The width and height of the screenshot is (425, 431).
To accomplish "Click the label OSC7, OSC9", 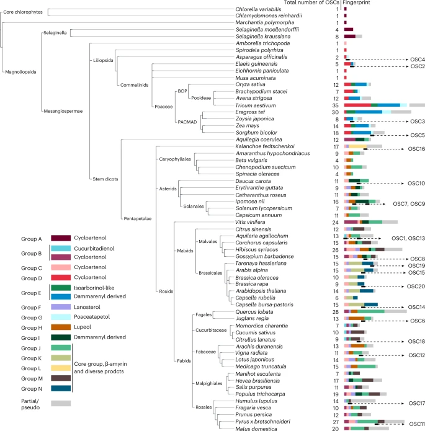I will click(x=408, y=203).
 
